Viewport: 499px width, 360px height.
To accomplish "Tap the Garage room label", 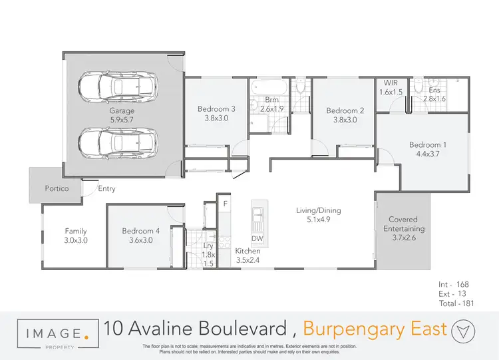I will click(x=122, y=111).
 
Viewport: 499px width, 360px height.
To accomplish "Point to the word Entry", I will click(x=106, y=189).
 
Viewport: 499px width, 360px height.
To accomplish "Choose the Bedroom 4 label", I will click(x=140, y=231).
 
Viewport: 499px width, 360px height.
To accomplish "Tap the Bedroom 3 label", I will click(x=216, y=109).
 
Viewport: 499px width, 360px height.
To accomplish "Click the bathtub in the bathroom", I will click(x=269, y=87).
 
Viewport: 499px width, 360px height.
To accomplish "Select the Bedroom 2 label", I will click(x=345, y=110).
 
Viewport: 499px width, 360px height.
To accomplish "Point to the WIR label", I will click(x=390, y=82).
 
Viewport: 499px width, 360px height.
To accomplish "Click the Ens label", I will click(x=434, y=90).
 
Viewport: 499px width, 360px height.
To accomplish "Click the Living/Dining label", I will click(x=318, y=211).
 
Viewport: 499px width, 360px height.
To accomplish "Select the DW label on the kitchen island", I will click(x=257, y=238).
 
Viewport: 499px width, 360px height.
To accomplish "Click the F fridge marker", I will click(x=226, y=203).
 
